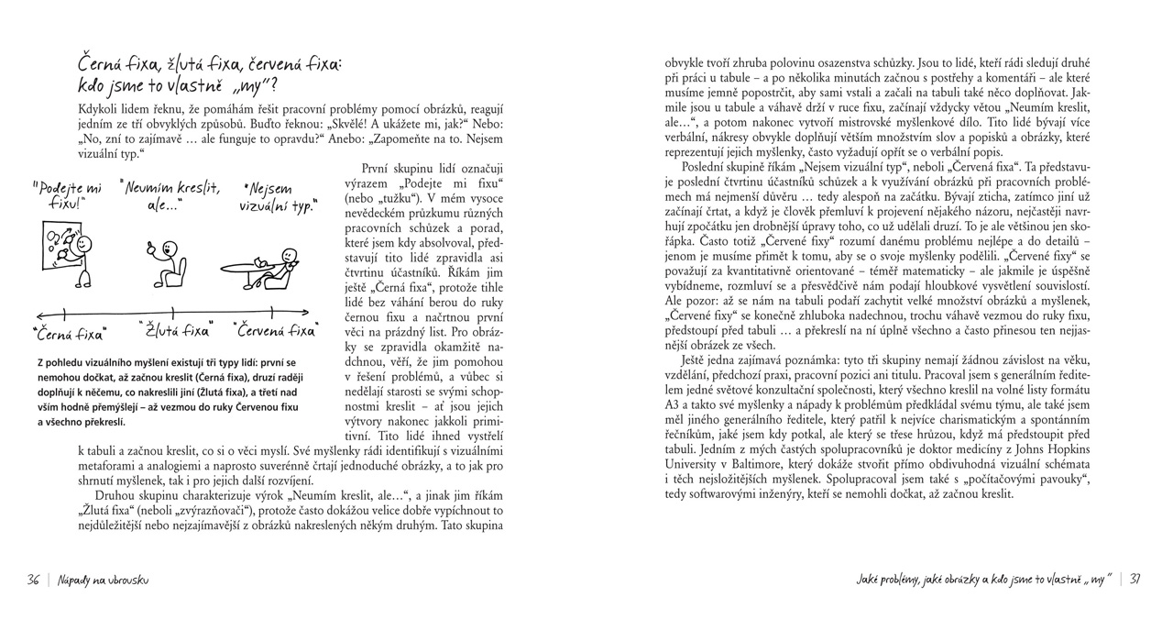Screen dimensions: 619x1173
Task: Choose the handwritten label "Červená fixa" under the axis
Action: point(276,329)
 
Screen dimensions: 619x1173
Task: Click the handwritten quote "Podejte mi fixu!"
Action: point(66,196)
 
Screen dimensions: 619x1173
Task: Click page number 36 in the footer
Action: point(34,580)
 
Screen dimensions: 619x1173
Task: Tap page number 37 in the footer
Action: point(1135,578)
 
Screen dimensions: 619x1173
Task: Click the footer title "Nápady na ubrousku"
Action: point(103,580)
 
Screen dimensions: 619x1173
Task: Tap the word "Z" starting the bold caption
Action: point(41,363)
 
